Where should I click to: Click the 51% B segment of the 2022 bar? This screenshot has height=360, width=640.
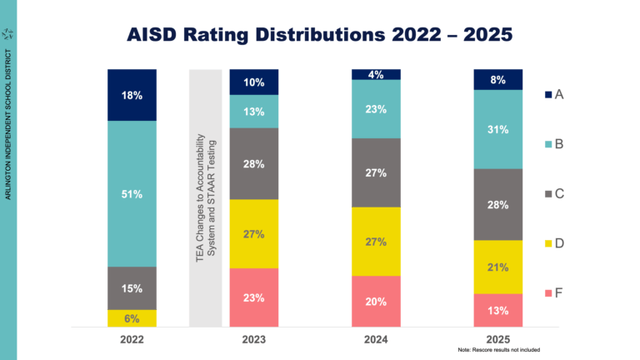132,194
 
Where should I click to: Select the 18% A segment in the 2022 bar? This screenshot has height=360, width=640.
132,96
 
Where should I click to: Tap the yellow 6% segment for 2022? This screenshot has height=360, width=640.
132,318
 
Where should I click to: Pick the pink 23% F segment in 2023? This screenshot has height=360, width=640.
254,297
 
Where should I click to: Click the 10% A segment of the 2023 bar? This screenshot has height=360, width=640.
254,82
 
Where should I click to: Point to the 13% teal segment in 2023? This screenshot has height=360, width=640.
254,112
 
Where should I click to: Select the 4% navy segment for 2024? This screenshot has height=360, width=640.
376,74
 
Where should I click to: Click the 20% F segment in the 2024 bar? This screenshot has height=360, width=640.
376,302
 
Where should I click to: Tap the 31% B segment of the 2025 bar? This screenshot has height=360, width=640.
497,128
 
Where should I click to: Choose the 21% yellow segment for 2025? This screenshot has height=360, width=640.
497,267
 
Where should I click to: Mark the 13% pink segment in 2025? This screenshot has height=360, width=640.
497,310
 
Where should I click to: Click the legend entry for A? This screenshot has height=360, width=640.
554,95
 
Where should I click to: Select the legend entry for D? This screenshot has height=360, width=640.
554,243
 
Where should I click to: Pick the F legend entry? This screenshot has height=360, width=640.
554,293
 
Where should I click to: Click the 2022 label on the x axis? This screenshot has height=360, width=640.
132,339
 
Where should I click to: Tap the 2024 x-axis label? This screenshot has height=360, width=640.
376,339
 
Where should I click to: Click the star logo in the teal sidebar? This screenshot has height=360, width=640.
8,33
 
